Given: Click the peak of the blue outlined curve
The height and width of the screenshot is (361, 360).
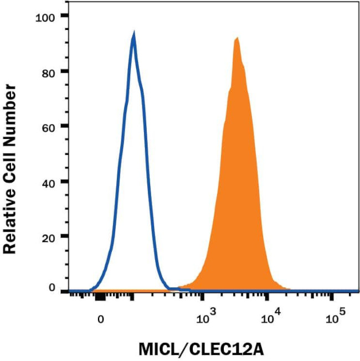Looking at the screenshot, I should (133, 35).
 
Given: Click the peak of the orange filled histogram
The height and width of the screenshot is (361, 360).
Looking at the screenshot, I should (236, 39).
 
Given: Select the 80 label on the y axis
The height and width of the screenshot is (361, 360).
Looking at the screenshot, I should (52, 71).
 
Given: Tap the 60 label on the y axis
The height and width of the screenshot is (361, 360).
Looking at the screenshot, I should (52, 126).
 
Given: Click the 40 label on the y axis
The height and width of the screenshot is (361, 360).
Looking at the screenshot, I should (52, 182).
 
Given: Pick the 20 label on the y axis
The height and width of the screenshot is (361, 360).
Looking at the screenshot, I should (52, 236).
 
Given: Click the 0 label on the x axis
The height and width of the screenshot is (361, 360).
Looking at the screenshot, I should (100, 319).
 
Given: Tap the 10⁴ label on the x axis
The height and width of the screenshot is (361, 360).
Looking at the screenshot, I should (271, 318).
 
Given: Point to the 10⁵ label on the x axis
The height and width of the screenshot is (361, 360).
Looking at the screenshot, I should (335, 318).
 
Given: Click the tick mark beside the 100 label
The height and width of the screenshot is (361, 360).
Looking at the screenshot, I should (65, 16).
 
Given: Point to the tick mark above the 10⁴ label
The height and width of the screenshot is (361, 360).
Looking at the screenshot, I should (268, 297).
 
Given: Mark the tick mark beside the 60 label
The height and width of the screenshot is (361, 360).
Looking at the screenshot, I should (65, 126).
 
